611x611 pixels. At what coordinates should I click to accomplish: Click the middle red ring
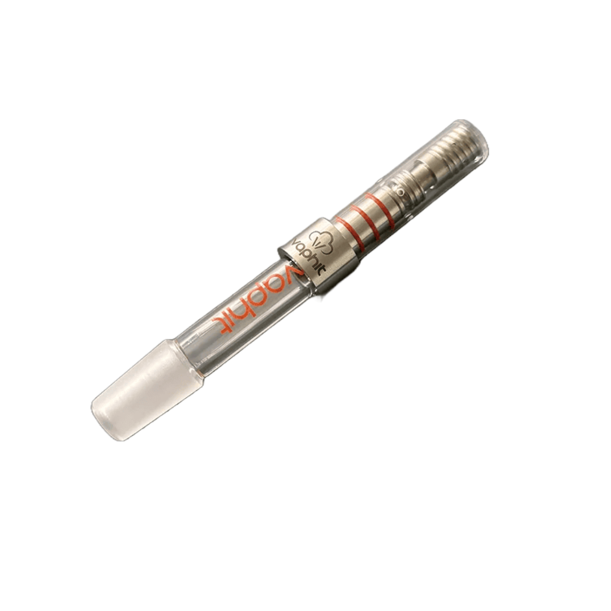(362, 215)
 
